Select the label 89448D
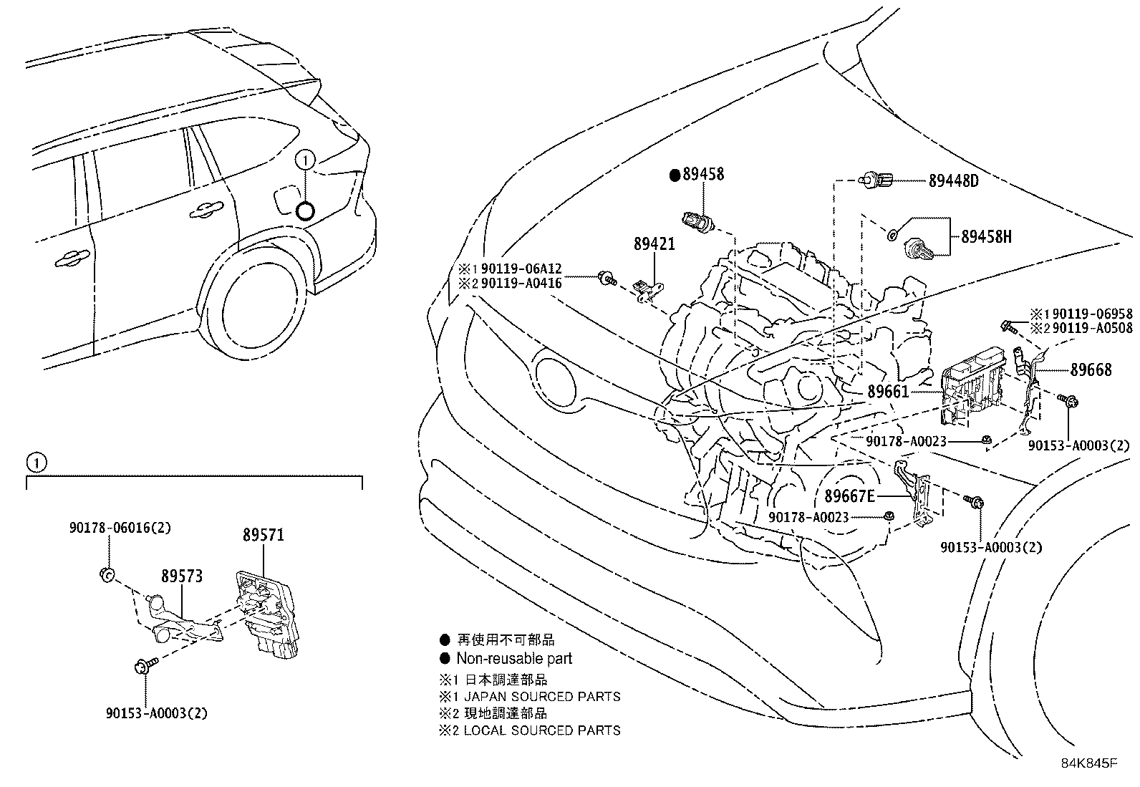953,181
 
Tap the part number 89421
654,244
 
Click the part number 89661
888,392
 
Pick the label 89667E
850,496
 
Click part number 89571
263,534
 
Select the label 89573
181,576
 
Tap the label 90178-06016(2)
120,528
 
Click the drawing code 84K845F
1088,763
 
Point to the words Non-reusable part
514,658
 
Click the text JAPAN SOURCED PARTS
541,696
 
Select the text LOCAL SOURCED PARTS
541,730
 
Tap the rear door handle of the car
205,210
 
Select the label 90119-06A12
521,269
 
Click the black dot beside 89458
674,175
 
